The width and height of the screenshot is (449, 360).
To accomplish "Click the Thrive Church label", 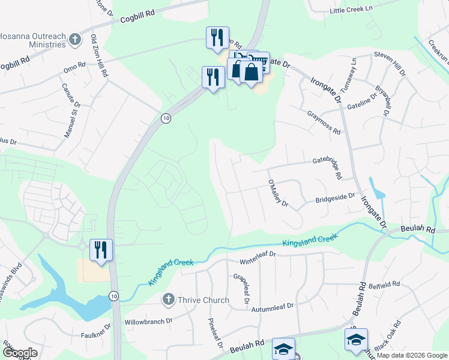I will point(203,300).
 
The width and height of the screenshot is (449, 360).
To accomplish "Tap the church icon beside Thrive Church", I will point(169,299).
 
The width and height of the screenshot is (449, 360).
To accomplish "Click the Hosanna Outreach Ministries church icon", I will point(75,40).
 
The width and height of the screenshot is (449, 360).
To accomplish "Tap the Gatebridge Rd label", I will point(327,161).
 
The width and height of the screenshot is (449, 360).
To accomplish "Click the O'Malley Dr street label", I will point(278,193).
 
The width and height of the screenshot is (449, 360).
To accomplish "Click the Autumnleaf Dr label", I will point(274,306).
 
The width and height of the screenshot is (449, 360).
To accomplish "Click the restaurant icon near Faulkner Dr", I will point(101,249).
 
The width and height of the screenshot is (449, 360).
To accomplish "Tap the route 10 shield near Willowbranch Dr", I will point(114,295).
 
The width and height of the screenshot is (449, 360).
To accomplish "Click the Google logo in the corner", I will point(20,353).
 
